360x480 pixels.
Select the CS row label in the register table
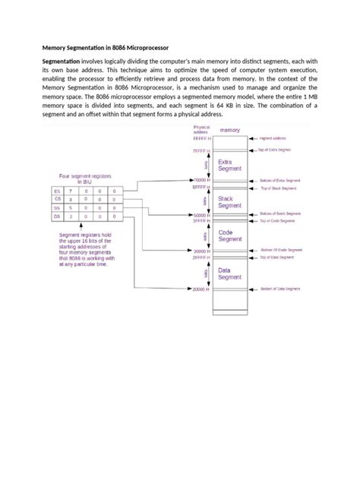tap(56, 198)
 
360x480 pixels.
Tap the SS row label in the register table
tap(56, 207)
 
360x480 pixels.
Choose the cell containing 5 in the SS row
tap(71, 207)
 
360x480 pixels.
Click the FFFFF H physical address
tap(201, 140)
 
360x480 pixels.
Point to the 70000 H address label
tap(201, 179)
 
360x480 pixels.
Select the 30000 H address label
tap(201, 251)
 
